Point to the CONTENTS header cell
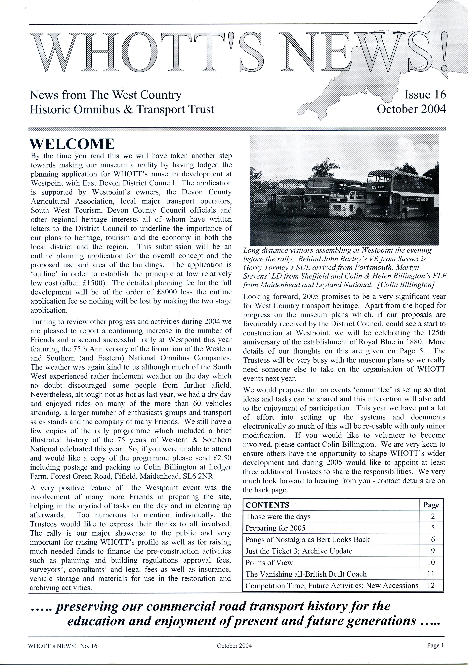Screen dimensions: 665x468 click(x=267, y=505)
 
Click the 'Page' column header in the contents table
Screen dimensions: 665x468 click(x=431, y=505)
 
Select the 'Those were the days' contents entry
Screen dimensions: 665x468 click(x=278, y=517)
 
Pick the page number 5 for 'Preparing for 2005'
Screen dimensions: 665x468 click(x=433, y=528)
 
